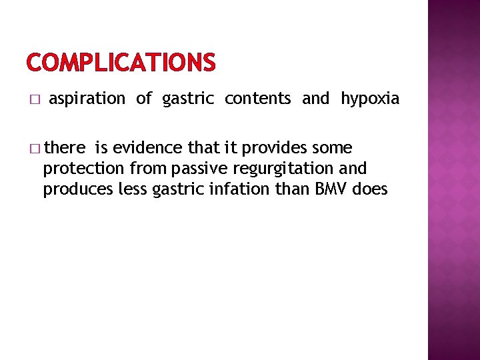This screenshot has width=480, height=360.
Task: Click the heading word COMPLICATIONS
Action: tap(121, 63)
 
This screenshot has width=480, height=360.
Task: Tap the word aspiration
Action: tap(87, 99)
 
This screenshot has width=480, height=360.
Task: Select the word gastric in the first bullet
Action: tap(188, 99)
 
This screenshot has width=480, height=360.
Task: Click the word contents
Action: tap(257, 99)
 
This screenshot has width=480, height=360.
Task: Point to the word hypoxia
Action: tap(370, 99)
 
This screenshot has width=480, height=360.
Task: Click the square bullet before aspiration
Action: tap(35, 100)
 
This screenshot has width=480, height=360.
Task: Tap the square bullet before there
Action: tap(35, 148)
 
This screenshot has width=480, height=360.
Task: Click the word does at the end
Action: tap(370, 189)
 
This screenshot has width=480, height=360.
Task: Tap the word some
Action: tap(335, 147)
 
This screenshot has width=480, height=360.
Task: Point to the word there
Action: tap(65, 147)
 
